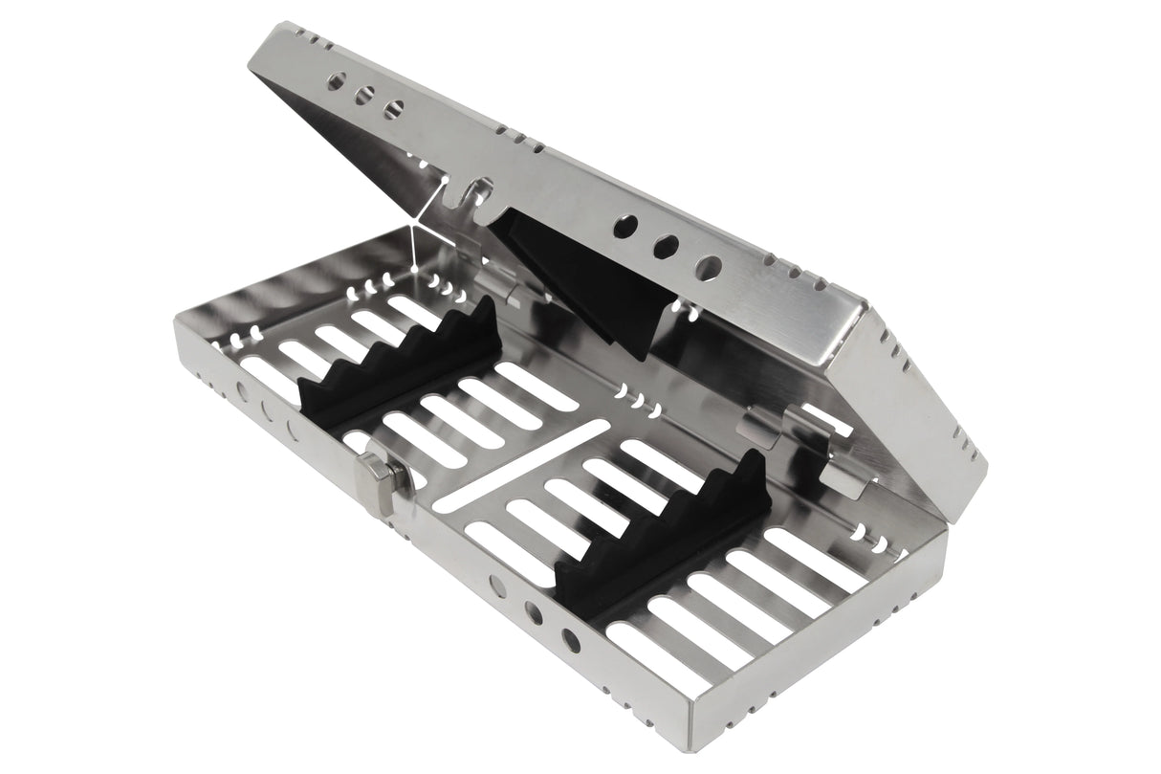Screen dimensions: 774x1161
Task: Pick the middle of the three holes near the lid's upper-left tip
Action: point(364,96)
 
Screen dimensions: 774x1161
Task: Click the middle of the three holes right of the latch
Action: point(535,612)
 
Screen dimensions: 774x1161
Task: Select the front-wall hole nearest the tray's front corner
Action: point(571,638)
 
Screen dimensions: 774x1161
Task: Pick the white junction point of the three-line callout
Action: point(411,227)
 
